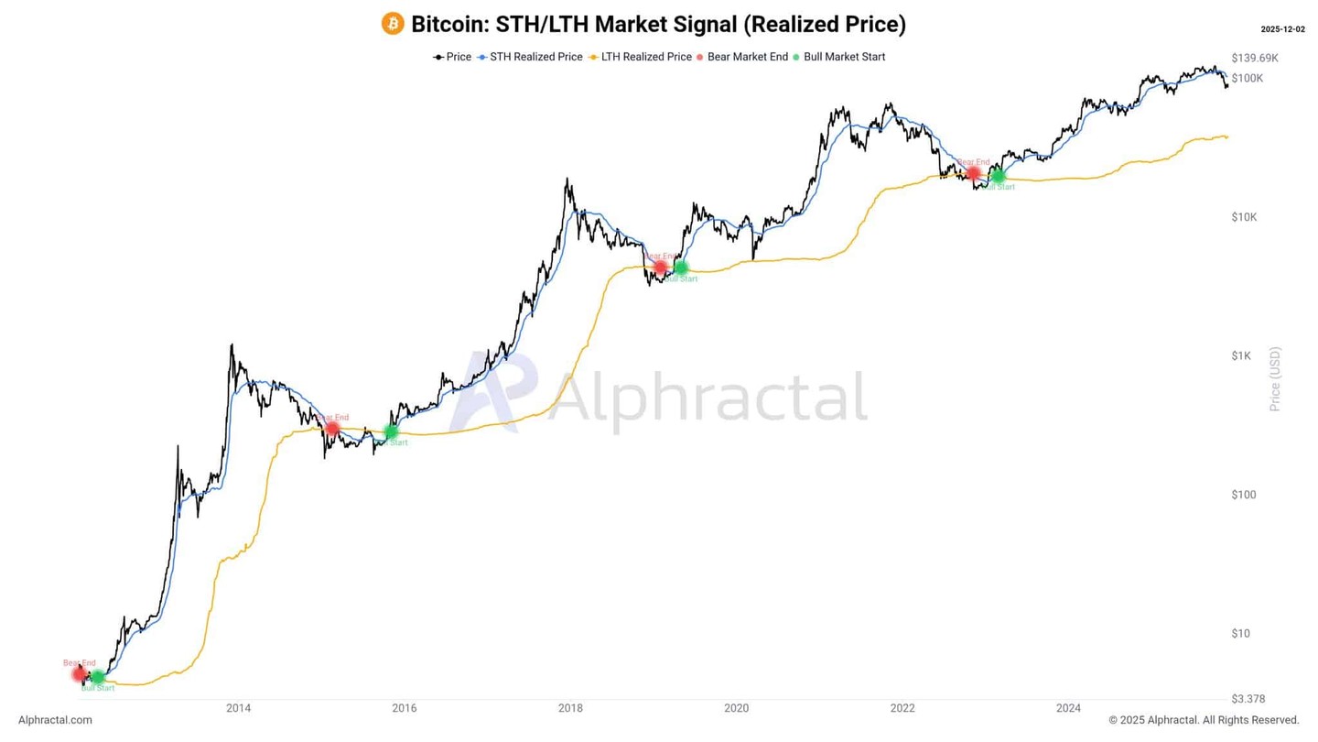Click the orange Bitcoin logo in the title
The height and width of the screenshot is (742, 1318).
pyautogui.click(x=393, y=24)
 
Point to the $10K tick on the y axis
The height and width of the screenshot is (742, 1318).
pyautogui.click(x=1244, y=217)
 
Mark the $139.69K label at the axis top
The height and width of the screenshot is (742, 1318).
pyautogui.click(x=1255, y=58)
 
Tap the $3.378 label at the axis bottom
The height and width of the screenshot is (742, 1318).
pyautogui.click(x=1247, y=699)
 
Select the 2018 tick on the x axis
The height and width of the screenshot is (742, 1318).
pyautogui.click(x=570, y=708)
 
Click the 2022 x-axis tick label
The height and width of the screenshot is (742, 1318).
pyautogui.click(x=902, y=708)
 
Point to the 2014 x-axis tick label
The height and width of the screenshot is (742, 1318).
pyautogui.click(x=238, y=708)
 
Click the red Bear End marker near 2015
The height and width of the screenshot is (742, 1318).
pyautogui.click(x=332, y=428)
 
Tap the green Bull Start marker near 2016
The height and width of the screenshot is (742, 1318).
pyautogui.click(x=392, y=431)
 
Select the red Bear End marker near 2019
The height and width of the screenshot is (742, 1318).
pyautogui.click(x=660, y=267)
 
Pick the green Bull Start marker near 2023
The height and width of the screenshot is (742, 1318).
pyautogui.click(x=999, y=176)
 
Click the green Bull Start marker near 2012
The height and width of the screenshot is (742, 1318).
pyautogui.click(x=98, y=677)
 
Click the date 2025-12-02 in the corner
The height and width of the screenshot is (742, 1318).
pyautogui.click(x=1282, y=29)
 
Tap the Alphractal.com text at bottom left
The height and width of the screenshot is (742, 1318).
pyautogui.click(x=55, y=720)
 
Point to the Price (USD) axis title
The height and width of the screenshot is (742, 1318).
pyautogui.click(x=1276, y=378)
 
